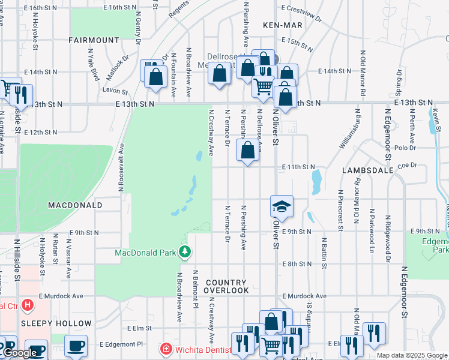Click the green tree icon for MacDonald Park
tap(185, 251)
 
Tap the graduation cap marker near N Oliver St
tap(282, 207)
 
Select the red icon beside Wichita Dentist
tap(166, 349)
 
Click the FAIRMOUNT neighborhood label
tap(94, 40)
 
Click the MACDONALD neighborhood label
tap(75, 205)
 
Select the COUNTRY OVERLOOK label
tap(226, 286)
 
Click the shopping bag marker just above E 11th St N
tap(247, 151)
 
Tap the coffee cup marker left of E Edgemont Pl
tap(76, 346)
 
